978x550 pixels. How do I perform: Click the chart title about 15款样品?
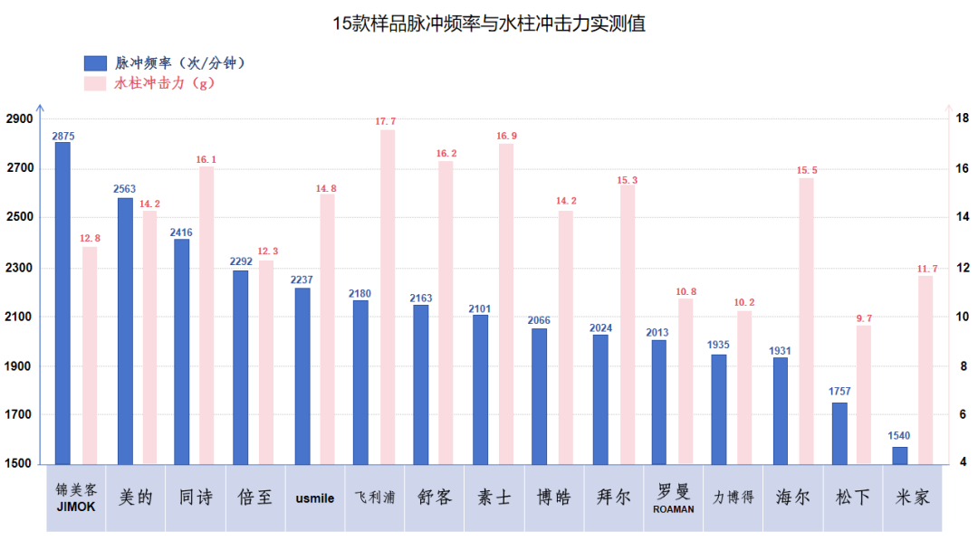489,24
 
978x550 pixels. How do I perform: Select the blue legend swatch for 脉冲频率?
95,63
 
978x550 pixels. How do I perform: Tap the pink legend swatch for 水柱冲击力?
95,83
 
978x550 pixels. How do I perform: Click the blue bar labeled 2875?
62,303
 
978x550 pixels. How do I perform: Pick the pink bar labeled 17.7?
388,297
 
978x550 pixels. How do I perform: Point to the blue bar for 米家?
899,455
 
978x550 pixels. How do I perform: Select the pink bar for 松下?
864,394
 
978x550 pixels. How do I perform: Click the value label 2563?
124,189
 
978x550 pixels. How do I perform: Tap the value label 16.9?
506,136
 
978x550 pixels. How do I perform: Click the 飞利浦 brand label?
374,498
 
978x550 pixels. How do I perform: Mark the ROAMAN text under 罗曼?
673,509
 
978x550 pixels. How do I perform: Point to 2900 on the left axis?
19,119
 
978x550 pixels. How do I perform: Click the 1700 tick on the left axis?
19,415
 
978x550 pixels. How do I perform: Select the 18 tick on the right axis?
964,119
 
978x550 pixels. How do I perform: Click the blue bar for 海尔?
780,411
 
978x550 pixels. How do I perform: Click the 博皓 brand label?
553,498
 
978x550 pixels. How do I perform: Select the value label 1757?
839,392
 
